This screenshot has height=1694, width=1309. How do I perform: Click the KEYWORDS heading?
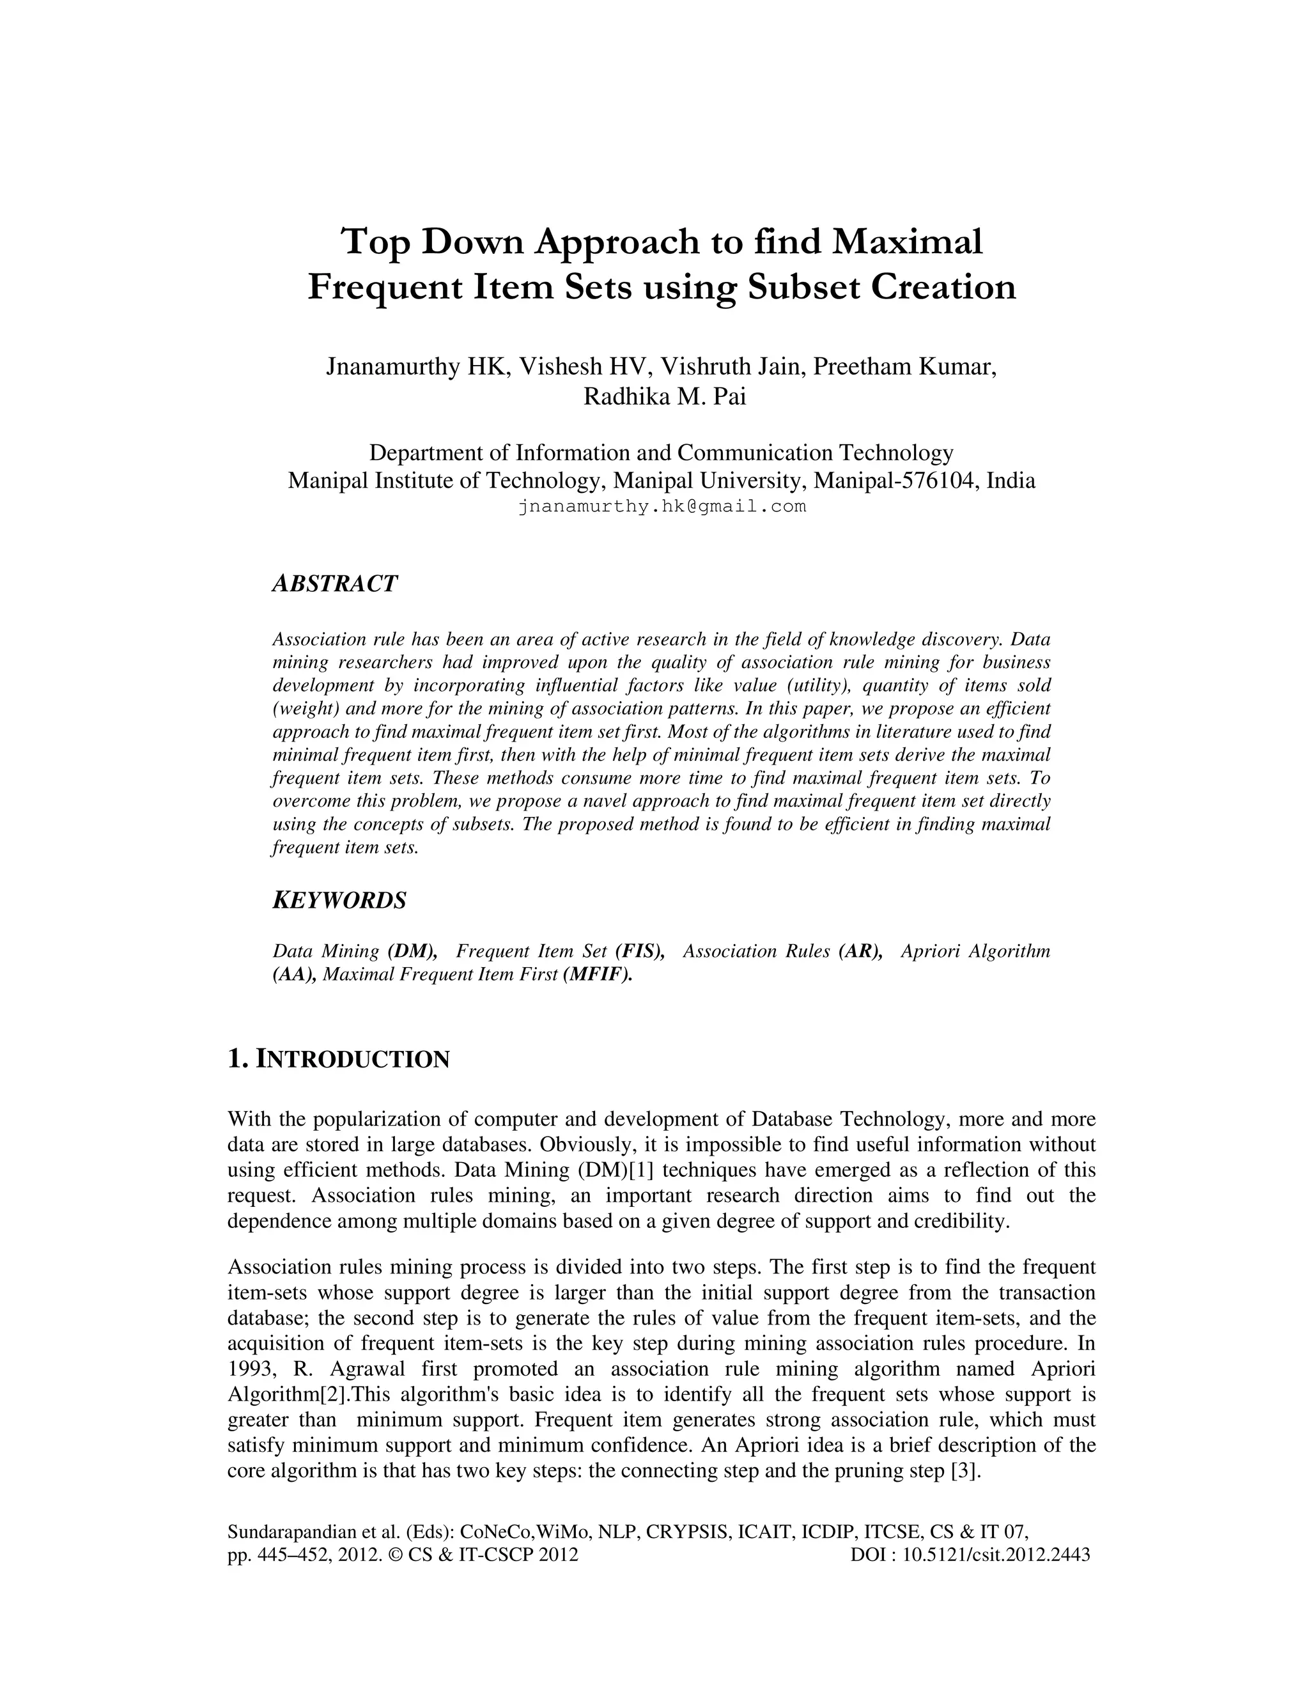tap(339, 901)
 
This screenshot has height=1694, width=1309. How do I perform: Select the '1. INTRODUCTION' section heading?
tap(338, 1059)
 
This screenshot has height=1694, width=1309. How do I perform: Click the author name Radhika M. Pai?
tap(664, 396)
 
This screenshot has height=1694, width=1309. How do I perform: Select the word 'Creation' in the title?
tap(944, 287)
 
